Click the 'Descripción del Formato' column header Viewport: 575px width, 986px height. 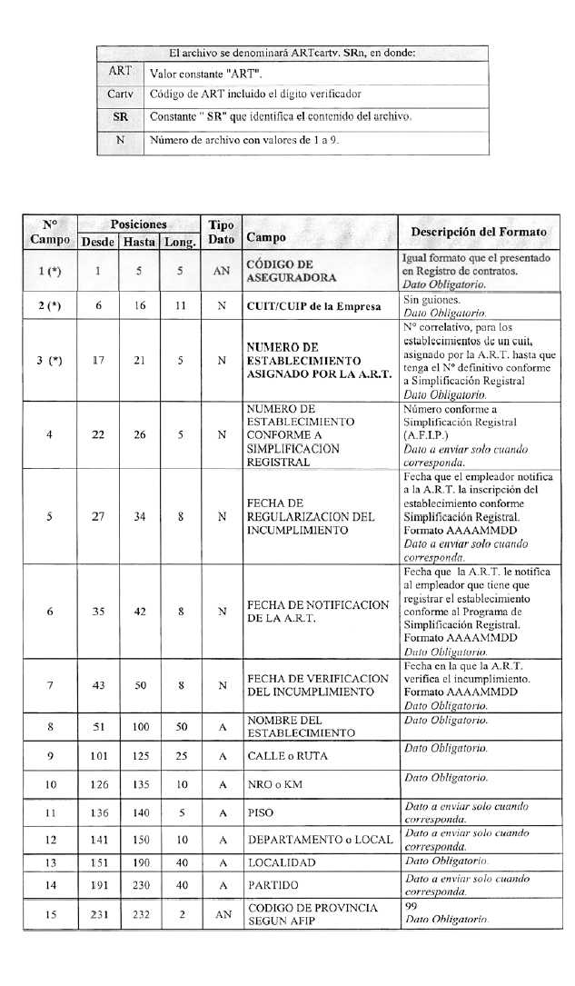[x=479, y=232]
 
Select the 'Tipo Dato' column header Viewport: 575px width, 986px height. [x=221, y=233]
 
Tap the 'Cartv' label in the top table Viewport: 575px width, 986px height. [x=120, y=94]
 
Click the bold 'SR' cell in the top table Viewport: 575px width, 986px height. [x=120, y=117]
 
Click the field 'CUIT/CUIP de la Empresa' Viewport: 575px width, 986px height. [x=313, y=306]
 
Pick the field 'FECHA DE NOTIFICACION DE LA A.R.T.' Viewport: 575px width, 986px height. [x=318, y=612]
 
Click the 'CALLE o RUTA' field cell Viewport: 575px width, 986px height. [x=288, y=756]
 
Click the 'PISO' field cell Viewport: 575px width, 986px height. [x=261, y=813]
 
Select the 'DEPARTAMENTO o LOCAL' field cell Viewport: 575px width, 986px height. [x=320, y=839]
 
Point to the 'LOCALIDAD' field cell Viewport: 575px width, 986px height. [x=282, y=862]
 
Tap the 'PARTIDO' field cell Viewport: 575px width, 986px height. [x=273, y=885]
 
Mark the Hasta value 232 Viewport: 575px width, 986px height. [x=140, y=914]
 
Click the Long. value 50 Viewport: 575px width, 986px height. [x=182, y=727]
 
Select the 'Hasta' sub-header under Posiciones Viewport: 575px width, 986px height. [x=139, y=242]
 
